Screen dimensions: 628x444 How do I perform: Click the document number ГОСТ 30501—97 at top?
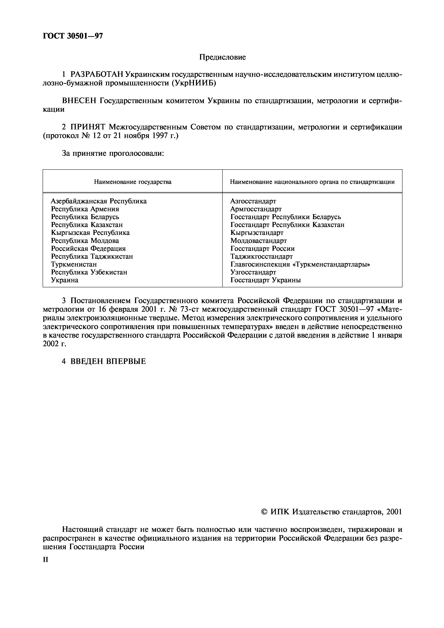click(73, 36)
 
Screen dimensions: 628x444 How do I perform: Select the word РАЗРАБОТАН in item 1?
click(96, 75)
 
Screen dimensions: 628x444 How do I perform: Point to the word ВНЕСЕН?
click(79, 101)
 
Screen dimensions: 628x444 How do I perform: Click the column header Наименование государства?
click(133, 182)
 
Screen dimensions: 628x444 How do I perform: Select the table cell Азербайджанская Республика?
click(99, 201)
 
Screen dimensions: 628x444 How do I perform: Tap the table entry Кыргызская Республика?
click(90, 233)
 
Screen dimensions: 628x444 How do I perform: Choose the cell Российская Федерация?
click(88, 249)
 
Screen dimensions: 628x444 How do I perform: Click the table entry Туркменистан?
click(74, 264)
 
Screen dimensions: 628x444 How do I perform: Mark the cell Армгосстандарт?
click(256, 209)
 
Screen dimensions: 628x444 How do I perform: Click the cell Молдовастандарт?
click(258, 241)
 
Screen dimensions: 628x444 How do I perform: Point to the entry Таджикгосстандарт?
click(261, 257)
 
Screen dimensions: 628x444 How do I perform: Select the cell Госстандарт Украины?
click(265, 280)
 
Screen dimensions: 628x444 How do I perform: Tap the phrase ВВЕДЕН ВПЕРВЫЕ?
click(108, 361)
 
